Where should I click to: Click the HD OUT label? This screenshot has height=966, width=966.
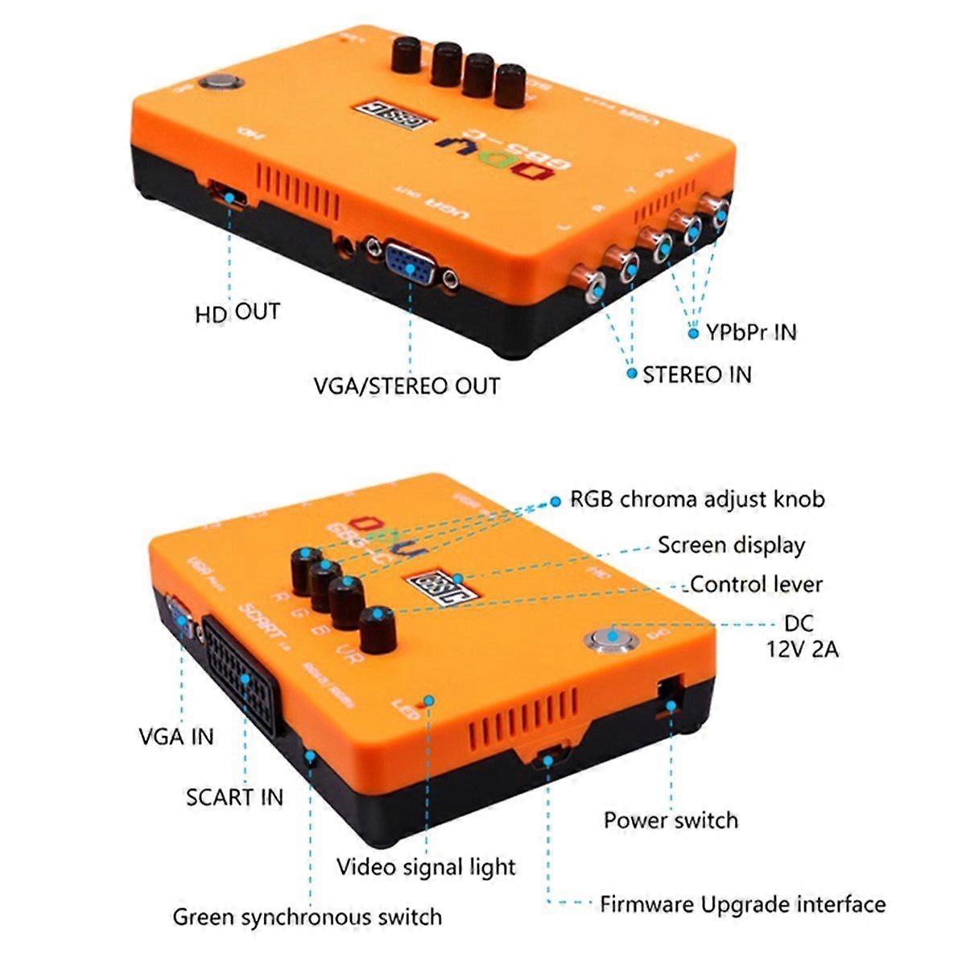237,312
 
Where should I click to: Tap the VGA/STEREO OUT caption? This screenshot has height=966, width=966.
407,386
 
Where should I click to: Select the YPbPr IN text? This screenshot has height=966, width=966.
751,332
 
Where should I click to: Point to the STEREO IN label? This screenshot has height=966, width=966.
697,374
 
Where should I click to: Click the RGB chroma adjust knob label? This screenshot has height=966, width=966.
697,499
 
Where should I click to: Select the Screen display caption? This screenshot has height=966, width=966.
731,545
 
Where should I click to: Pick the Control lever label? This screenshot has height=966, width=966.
755,584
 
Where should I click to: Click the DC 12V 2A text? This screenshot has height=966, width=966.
801,636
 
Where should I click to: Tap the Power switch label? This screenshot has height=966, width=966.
671,820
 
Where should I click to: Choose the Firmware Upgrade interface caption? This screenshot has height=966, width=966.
742,904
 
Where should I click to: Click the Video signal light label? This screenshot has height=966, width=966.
426,867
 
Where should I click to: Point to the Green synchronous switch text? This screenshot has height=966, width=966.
308,917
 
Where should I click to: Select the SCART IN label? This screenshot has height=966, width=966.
234,797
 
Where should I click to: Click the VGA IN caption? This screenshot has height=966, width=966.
176,736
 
